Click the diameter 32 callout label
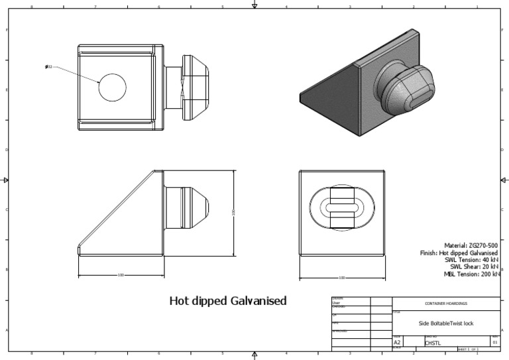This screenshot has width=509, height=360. (x=49, y=67)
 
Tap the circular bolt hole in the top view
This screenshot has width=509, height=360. (x=113, y=87)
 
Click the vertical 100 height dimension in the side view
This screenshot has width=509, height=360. (x=233, y=212)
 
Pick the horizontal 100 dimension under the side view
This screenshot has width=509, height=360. (x=121, y=274)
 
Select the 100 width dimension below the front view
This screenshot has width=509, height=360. (x=342, y=278)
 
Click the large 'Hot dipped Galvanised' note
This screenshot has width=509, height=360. (x=228, y=301)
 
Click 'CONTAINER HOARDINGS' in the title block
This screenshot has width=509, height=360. (x=445, y=304)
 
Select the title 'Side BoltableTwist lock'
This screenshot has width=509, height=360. (x=445, y=324)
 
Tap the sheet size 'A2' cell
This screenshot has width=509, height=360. (x=398, y=342)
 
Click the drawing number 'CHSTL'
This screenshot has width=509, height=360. (x=432, y=343)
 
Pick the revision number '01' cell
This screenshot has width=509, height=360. (x=494, y=342)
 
